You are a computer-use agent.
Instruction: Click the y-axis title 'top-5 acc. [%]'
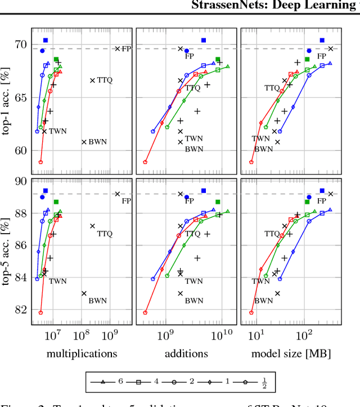pos(7,247)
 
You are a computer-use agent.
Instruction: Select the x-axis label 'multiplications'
pos(82,353)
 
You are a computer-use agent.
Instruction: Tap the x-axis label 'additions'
pos(186,353)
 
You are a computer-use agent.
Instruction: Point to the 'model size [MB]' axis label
pos(291,353)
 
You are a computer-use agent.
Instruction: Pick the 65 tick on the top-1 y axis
pos(21,97)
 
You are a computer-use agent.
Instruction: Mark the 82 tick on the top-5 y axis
pos(21,309)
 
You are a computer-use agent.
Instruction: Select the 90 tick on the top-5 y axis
pos(21,181)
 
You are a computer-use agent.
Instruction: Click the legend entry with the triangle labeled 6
pos(110,381)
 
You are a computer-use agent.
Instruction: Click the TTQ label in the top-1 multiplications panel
pos(105,80)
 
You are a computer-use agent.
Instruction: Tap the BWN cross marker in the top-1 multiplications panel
pos(84,142)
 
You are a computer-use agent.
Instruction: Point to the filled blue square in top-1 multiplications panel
pos(46,40)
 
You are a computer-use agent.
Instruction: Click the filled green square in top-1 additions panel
pos(218,59)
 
